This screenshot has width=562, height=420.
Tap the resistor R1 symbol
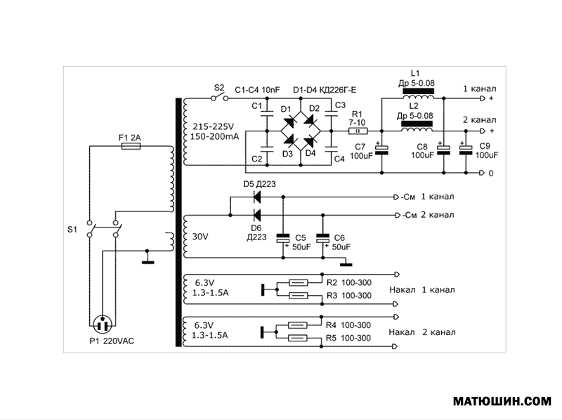358,131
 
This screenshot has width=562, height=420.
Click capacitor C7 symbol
382,150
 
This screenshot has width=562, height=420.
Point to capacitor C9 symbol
464,148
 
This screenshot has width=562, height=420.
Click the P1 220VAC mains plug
104,324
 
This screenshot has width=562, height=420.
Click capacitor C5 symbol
283,239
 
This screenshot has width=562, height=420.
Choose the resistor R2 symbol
298,282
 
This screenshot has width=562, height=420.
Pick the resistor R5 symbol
298,338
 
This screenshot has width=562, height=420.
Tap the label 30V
200,237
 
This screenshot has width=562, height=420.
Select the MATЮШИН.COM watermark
502,402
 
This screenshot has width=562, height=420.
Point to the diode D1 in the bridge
290,120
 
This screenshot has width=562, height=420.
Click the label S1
72,230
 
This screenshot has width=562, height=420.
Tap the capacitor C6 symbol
322,239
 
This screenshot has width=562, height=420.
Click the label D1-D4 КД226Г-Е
324,90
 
